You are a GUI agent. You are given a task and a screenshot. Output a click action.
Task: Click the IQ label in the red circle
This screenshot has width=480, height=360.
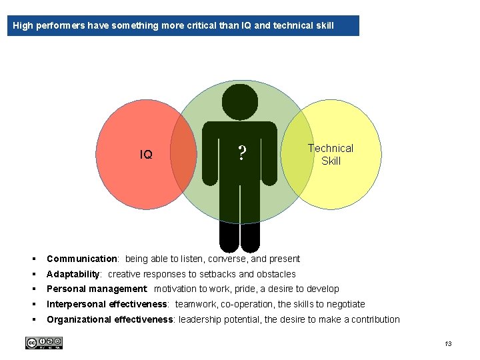pos(146,155)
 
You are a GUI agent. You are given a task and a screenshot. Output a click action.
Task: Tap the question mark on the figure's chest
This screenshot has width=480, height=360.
pos(242,155)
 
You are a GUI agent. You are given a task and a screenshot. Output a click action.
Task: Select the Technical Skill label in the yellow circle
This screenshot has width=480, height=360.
pos(331,155)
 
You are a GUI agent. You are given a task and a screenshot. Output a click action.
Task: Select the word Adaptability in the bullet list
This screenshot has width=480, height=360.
pos(73,274)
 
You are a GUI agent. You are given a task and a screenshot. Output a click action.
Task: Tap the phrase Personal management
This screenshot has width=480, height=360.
pos(97,289)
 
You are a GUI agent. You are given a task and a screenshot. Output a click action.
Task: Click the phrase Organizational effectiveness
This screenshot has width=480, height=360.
pos(110,319)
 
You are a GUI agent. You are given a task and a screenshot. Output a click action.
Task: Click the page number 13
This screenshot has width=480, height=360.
pos(447,343)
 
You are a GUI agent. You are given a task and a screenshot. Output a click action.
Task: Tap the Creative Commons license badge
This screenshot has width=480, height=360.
pos(44,343)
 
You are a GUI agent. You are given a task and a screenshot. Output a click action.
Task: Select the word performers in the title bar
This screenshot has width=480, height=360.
pos(61,26)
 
